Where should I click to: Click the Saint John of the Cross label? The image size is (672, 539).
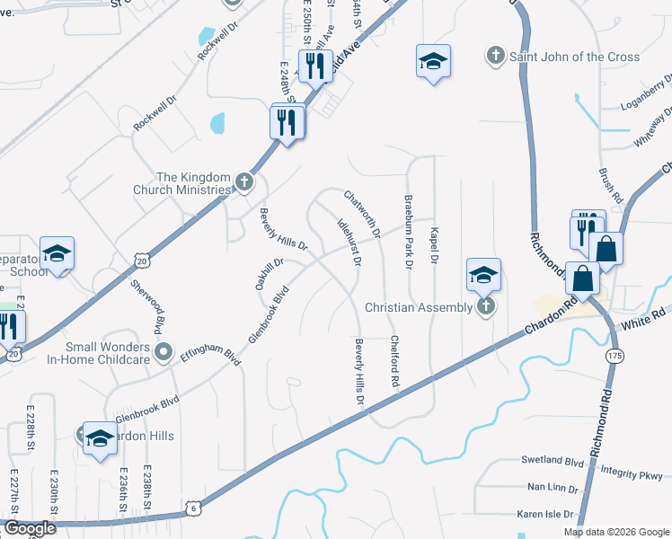tap(575, 57)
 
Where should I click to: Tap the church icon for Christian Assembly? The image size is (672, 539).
tap(486, 308)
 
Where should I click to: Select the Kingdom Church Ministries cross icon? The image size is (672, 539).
tap(243, 183)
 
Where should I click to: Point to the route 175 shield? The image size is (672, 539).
tap(615, 357)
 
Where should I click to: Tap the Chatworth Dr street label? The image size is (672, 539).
tap(363, 214)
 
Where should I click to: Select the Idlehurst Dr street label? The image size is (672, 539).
tap(349, 241)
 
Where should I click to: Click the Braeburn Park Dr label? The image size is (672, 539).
tap(408, 233)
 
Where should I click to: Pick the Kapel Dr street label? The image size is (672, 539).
tap(433, 243)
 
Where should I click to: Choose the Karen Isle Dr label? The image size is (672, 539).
tap(545, 514)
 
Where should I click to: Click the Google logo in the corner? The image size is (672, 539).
tap(29, 528)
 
